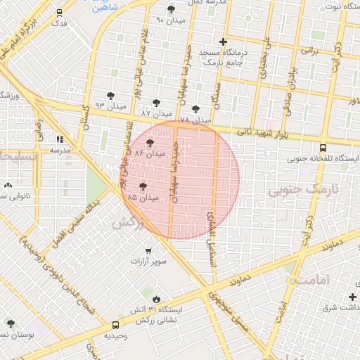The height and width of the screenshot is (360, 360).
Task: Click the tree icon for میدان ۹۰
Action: click(172, 9)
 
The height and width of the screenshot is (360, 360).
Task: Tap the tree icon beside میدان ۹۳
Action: click(110, 96)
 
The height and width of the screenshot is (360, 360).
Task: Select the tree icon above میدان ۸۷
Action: click(156, 103)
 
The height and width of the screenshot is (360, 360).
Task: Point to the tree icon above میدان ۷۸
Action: click(195, 109)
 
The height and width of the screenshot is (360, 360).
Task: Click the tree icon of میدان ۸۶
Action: click(150, 143)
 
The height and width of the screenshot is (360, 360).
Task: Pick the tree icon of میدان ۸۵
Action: click(143, 187)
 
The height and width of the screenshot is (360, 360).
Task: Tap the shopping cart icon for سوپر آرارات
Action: click(148, 250)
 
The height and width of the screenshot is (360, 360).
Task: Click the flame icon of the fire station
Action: click(166, 299)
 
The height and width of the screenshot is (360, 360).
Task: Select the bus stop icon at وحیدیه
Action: click(115, 325)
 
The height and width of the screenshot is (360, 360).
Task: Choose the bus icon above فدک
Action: click(59, 12)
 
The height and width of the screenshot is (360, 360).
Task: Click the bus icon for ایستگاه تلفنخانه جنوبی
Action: click(323, 148)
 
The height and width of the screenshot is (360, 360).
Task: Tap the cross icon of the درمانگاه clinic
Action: click(224, 41)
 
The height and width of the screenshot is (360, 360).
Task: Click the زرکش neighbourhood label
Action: click(127, 223)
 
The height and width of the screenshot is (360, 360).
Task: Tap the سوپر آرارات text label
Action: click(148, 262)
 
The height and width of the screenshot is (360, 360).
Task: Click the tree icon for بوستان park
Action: click(10, 323)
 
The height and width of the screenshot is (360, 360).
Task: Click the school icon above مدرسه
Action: click(59, 139)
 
